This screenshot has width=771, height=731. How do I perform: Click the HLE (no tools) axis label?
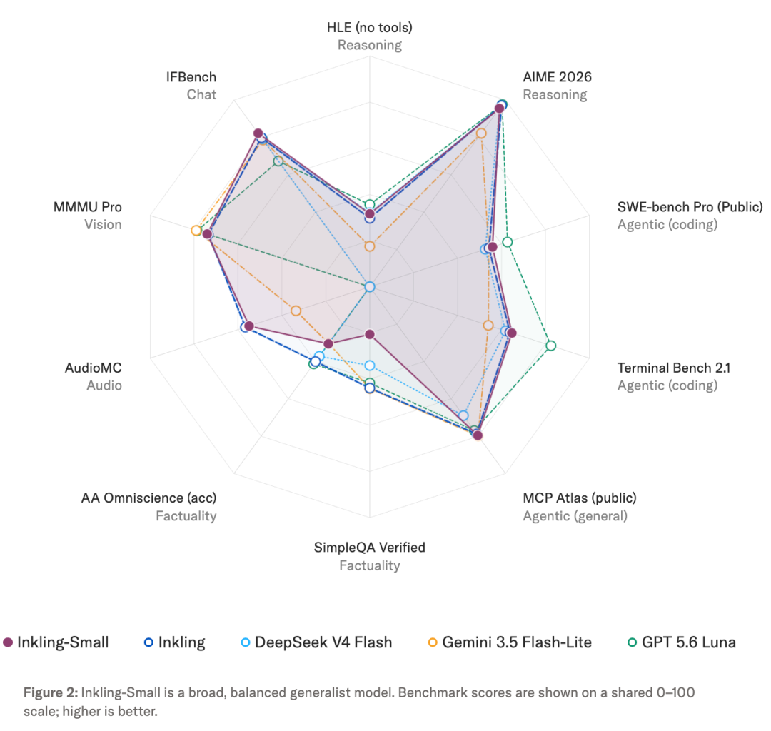369,28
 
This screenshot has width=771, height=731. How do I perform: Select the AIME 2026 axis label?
557,77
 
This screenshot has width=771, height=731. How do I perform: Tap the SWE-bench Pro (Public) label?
690,207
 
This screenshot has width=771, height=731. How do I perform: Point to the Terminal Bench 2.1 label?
674,368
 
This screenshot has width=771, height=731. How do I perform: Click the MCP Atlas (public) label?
579,498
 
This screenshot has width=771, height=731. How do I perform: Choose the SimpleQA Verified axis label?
369,548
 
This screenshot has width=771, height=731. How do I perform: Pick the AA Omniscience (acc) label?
149,498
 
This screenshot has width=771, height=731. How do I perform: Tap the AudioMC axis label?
94,368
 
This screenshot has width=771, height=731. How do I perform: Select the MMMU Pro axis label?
88,207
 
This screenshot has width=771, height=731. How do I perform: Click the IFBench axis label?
191,77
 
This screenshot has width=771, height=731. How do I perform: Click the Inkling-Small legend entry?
56,642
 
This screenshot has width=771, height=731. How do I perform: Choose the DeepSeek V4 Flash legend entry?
316,642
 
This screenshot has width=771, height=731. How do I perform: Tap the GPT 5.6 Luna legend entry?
682,642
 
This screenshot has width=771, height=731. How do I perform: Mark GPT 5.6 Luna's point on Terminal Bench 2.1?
550,346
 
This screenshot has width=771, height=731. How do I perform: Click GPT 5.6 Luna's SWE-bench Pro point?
508,242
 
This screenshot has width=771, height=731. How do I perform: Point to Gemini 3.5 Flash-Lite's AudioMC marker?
296,311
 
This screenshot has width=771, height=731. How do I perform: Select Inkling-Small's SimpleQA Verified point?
370,334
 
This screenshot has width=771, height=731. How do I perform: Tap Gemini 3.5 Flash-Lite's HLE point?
370,246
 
